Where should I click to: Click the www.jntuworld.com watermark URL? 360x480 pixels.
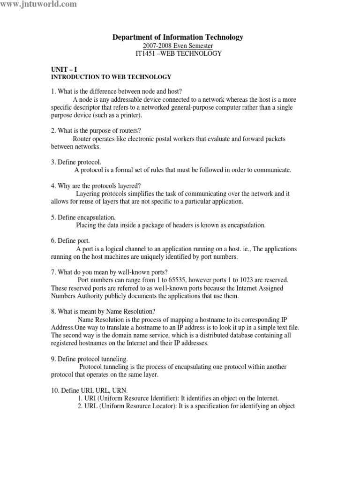38,4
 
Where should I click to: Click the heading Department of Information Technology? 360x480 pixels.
178,37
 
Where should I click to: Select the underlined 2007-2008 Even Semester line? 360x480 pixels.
178,45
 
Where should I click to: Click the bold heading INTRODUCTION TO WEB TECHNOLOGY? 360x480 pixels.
111,76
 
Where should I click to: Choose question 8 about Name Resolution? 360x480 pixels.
103,311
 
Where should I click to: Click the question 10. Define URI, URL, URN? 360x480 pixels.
89,390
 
